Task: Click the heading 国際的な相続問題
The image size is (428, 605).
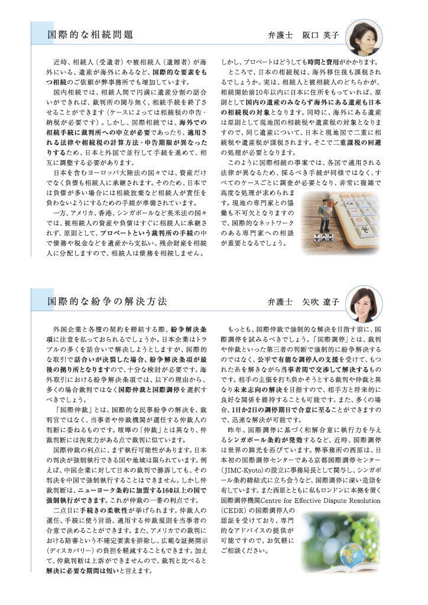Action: click(90, 35)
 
